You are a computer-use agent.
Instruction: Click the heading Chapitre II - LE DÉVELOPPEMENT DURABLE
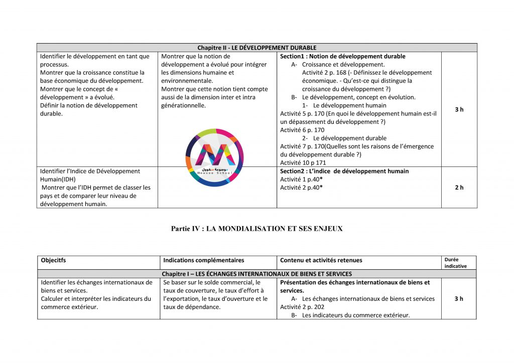[x=256, y=48]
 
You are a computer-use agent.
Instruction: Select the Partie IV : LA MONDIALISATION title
[x=256, y=229]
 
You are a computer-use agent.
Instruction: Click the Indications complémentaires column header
[x=204, y=260]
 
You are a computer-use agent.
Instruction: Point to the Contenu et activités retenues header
[x=321, y=260]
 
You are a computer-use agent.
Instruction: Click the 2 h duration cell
[x=459, y=188]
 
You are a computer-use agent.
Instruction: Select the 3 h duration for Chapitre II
[x=459, y=109]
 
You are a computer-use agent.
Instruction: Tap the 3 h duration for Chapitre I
[x=459, y=299]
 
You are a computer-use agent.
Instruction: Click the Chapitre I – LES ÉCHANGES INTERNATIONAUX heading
[x=256, y=274]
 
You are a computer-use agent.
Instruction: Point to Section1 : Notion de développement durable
[x=343, y=57]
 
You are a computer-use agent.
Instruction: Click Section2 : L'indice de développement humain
[x=344, y=171]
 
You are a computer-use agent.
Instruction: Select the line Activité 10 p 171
[x=303, y=163]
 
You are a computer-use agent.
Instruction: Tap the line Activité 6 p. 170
[x=302, y=130]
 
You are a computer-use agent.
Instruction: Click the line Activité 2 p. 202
[x=302, y=307]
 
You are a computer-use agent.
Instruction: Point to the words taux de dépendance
[x=188, y=307]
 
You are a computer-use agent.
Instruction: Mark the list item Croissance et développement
[x=343, y=65]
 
